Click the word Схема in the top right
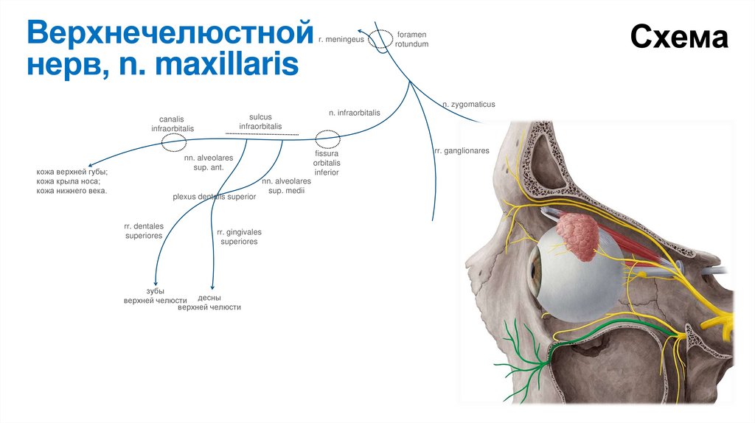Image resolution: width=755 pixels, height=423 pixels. click(678, 37)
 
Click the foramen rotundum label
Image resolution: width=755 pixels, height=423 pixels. click(411, 39)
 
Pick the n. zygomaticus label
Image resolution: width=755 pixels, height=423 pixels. click(468, 105)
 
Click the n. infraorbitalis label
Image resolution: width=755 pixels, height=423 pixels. click(354, 113)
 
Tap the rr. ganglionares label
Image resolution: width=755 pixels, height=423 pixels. click(462, 150)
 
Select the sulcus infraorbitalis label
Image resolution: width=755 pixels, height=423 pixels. click(260, 122)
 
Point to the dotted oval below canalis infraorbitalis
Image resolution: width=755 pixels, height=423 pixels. click(174, 141)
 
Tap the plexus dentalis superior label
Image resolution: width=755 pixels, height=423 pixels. click(214, 197)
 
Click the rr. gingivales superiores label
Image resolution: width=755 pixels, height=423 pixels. click(239, 237)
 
